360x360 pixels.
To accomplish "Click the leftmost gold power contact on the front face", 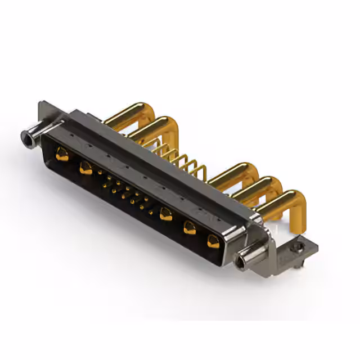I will [x=62, y=154].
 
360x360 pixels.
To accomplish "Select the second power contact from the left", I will [x=85, y=167].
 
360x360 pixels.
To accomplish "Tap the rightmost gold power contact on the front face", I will [x=213, y=241].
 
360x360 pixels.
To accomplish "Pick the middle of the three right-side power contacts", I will [x=190, y=227].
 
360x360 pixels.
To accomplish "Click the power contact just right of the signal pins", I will [x=165, y=214].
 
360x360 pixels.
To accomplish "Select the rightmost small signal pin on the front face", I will [x=151, y=212].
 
